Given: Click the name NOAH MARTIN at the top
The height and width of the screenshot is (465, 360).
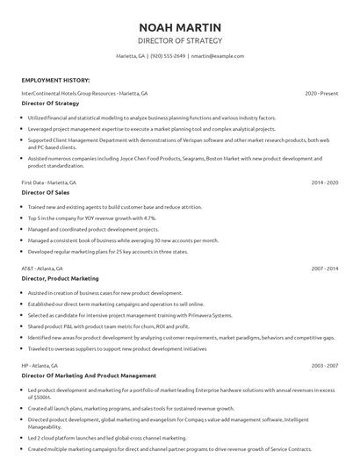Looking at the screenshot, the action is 180,26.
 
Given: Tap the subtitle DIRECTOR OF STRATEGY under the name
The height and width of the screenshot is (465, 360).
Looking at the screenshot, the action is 180,40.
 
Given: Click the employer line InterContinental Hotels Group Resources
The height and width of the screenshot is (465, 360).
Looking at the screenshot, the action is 84,92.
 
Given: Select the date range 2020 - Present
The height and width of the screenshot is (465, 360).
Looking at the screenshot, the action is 321,92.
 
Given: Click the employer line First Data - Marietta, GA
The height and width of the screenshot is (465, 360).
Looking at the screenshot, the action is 48,182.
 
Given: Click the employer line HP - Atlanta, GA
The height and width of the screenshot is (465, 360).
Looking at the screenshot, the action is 40,365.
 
